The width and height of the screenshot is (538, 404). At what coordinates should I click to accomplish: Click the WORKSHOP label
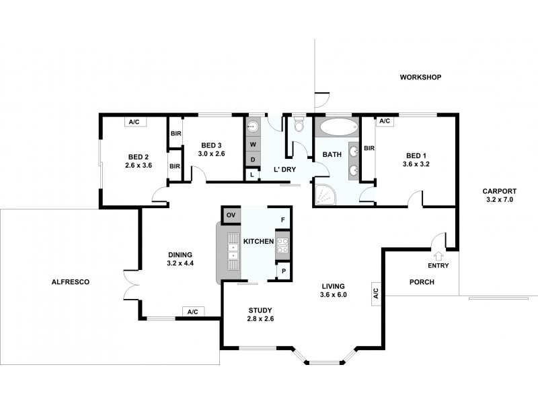[x=420, y=77]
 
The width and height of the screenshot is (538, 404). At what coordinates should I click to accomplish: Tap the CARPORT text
[x=500, y=191]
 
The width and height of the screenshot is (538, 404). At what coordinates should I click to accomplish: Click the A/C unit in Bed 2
[x=134, y=122]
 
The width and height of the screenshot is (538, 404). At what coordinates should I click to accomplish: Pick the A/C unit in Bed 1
[x=384, y=121]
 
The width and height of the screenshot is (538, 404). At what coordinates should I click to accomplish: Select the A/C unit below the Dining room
[x=192, y=312]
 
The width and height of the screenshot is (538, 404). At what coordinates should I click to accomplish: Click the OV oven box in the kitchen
[x=231, y=215]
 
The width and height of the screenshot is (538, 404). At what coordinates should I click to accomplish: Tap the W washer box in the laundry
[x=253, y=144]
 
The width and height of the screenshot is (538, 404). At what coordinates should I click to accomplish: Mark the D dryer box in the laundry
[x=253, y=160]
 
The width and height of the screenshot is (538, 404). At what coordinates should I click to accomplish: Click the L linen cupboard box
[x=252, y=174]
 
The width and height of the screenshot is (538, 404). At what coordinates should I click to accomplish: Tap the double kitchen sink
[x=233, y=250]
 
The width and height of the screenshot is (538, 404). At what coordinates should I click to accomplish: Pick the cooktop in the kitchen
[x=282, y=246]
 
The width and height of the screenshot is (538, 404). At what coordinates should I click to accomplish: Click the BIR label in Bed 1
[x=369, y=148]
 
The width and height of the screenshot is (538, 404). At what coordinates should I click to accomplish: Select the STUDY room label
[x=260, y=310]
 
